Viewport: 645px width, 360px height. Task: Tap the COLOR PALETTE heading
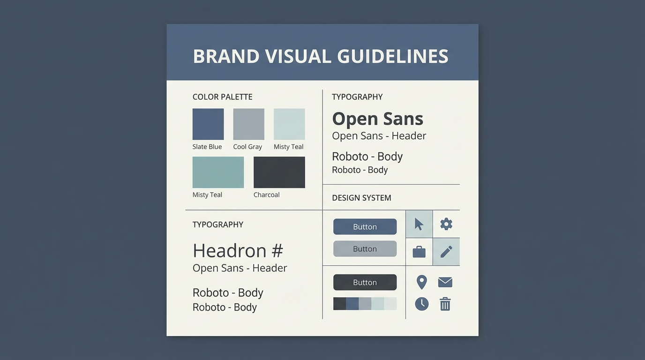click(x=222, y=97)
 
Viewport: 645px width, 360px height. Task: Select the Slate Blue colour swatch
click(x=208, y=124)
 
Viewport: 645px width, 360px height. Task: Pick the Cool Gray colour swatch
click(x=248, y=124)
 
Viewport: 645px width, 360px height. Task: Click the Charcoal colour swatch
click(x=279, y=172)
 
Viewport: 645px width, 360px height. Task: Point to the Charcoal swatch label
click(x=266, y=195)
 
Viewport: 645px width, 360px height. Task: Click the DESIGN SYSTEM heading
click(x=361, y=198)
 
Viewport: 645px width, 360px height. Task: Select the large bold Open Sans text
click(x=377, y=119)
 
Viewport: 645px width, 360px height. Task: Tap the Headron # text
click(x=238, y=251)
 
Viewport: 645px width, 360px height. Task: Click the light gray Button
click(x=365, y=249)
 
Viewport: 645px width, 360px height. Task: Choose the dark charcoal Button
click(x=365, y=282)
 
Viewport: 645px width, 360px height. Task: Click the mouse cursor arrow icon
click(x=419, y=224)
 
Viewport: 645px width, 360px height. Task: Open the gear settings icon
click(x=446, y=224)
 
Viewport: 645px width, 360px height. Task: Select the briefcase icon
click(x=419, y=252)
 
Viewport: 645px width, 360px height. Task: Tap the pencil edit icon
click(x=446, y=252)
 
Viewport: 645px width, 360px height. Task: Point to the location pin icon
click(x=422, y=282)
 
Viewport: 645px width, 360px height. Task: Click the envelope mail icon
click(x=445, y=282)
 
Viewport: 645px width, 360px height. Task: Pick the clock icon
click(x=422, y=304)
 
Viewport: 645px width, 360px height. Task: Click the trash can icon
click(x=445, y=304)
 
